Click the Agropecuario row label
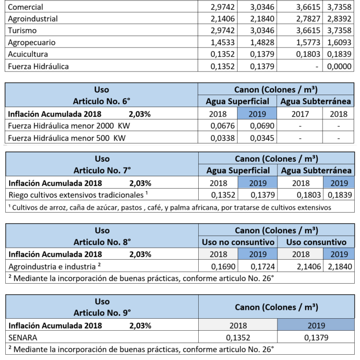point(32,42)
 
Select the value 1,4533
point(223,42)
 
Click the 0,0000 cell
point(339,66)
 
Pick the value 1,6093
point(339,42)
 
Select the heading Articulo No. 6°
point(102,101)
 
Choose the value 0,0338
point(223,137)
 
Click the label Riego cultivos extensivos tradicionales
point(77,195)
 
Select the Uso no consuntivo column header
point(238,242)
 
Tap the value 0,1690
point(223,266)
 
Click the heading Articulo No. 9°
point(102,312)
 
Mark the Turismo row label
point(23,31)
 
